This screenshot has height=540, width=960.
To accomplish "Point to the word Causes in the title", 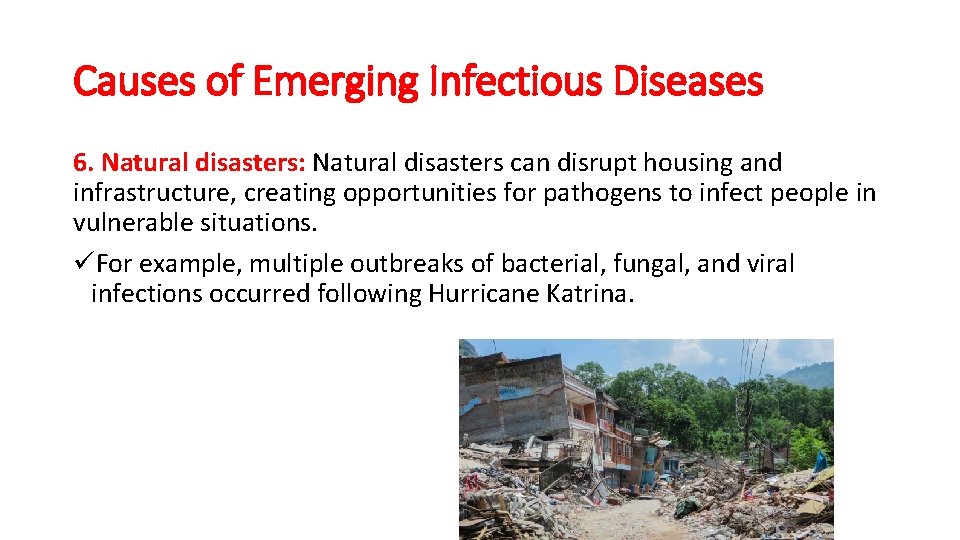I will [x=134, y=82].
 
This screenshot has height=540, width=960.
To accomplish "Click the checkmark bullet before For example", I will [x=84, y=263].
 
